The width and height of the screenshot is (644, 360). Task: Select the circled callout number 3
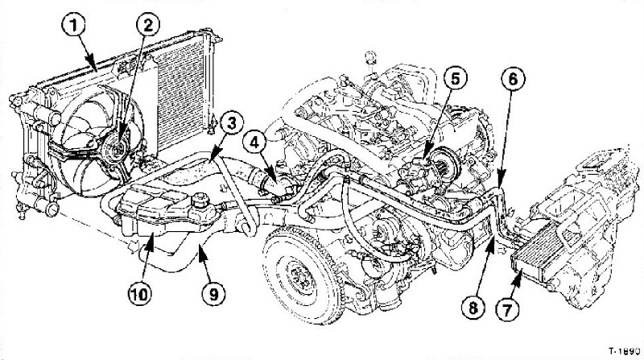coord(230,123)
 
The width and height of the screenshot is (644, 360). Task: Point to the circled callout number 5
coord(455,79)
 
